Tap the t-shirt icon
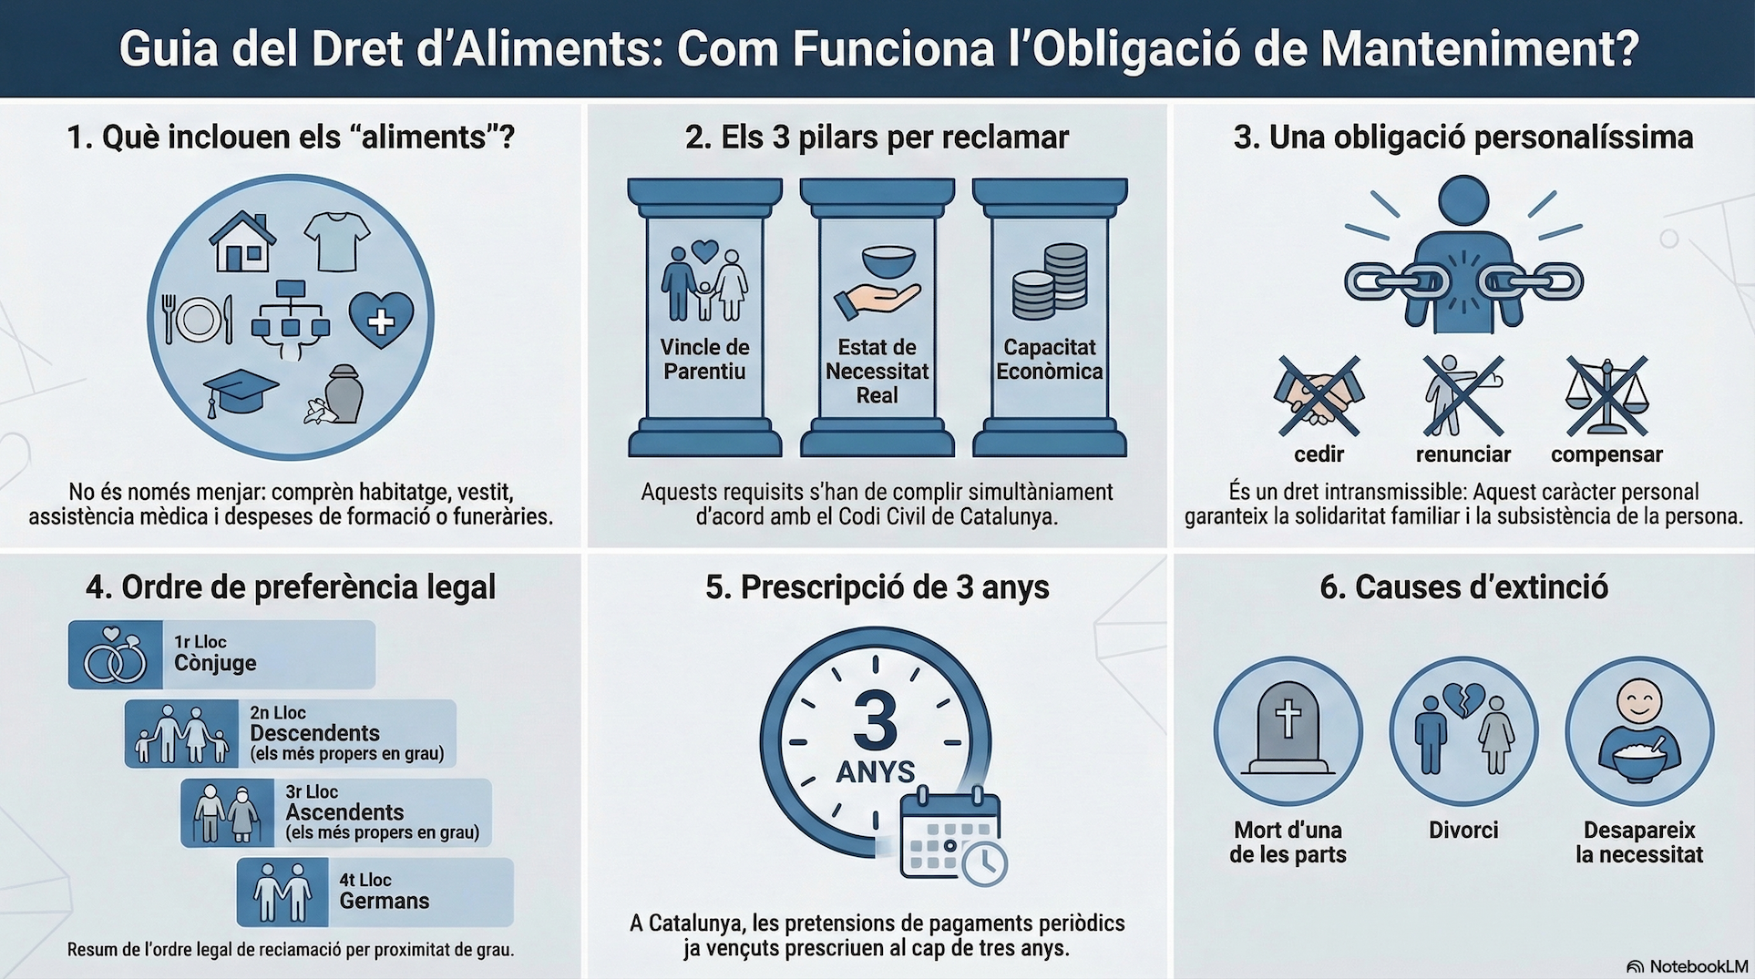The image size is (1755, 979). click(x=336, y=240)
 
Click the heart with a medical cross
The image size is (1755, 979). click(x=381, y=319)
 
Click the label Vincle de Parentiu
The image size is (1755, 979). click(x=704, y=359)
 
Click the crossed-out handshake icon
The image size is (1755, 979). click(x=1318, y=396)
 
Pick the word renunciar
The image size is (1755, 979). click(x=1462, y=454)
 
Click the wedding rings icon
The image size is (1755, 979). click(x=115, y=656)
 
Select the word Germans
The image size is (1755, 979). click(x=384, y=901)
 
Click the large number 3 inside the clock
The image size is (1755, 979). click(x=876, y=722)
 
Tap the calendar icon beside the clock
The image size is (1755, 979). click(x=950, y=835)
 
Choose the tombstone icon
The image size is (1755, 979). click(x=1288, y=728)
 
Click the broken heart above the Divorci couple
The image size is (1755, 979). click(x=1463, y=699)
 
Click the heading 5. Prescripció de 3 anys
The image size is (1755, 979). click(x=877, y=587)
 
